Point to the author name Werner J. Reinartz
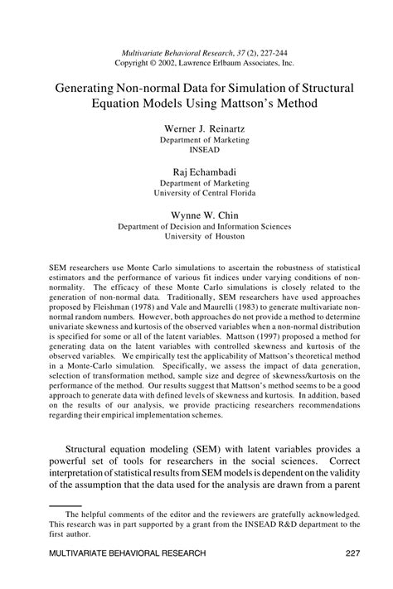coord(196,130)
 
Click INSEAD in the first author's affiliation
coord(196,151)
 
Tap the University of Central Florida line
coord(196,192)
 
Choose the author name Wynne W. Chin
coord(196,213)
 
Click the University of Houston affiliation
coord(196,234)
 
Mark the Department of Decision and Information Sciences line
coord(196,224)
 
